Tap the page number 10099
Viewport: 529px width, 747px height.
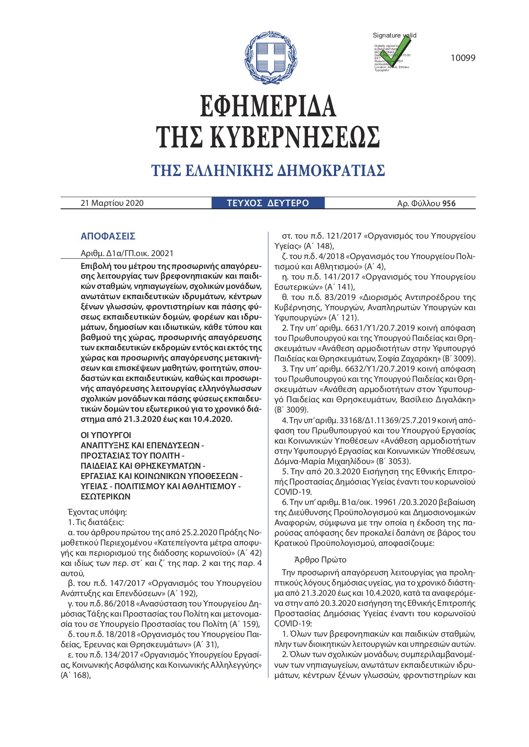[463, 58]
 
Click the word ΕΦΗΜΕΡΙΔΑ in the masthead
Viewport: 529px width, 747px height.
[268, 106]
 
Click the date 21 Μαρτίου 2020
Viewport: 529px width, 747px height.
[112, 203]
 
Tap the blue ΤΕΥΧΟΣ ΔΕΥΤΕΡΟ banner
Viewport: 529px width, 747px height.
[268, 203]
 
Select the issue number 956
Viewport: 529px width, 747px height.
[449, 204]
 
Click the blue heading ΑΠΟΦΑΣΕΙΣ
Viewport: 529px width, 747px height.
[108, 236]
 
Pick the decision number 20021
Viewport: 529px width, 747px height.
[163, 254]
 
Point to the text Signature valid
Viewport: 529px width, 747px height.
[394, 35]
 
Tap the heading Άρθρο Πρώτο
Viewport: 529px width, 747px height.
[320, 560]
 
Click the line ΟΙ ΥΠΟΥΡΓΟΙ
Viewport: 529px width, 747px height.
[106, 435]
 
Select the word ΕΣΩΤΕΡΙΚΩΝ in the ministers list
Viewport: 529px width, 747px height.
[105, 496]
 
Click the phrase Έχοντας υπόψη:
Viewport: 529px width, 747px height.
[97, 512]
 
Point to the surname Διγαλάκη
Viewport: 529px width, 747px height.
[455, 400]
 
